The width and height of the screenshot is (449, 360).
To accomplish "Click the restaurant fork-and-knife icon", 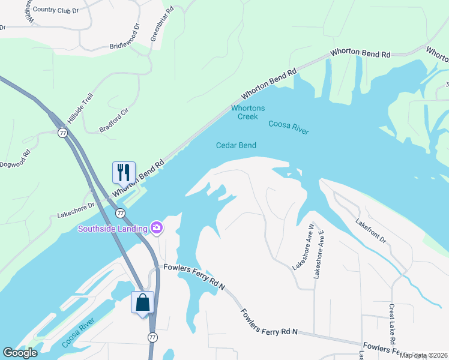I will click(x=124, y=172).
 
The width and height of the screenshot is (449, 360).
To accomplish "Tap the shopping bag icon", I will click(x=143, y=302).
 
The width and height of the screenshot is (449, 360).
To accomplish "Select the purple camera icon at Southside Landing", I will click(x=157, y=227).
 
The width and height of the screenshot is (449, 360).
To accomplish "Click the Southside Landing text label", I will click(x=112, y=228).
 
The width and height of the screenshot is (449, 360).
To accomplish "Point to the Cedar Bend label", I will click(x=236, y=145).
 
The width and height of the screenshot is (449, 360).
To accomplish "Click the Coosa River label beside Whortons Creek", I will click(x=288, y=127).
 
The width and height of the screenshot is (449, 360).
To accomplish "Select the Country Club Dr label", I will click(x=56, y=10).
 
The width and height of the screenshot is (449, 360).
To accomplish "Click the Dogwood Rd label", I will click(x=14, y=163).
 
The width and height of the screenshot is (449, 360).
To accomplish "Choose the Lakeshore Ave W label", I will click(x=303, y=245).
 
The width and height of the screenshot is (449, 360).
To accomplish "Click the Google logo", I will click(x=20, y=353).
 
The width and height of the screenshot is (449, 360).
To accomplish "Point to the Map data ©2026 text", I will click(x=424, y=355).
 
